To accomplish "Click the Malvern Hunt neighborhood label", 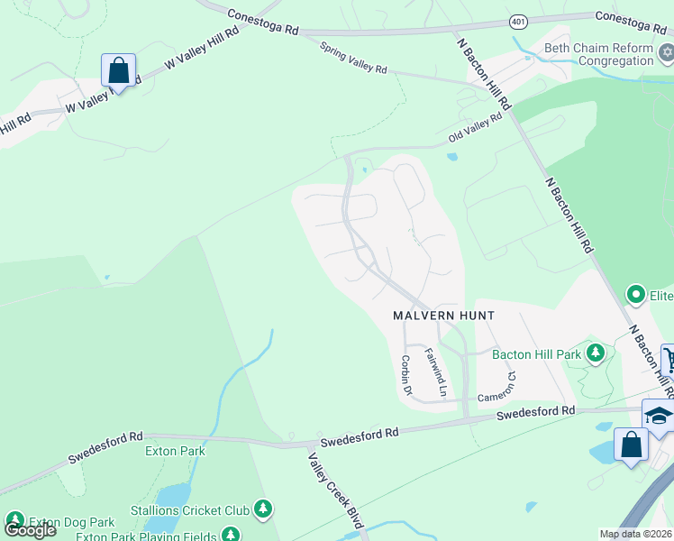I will [443, 316].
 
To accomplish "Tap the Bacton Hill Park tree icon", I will [595, 353].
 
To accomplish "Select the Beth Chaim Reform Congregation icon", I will [665, 54].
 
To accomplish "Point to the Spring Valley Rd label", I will [353, 57].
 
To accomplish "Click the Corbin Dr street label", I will [405, 375].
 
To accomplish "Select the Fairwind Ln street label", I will [435, 372].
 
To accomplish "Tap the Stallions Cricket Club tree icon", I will [263, 510].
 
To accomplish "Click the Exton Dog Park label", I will [71, 522].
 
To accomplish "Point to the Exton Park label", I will [176, 451].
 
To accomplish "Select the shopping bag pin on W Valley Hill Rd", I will [118, 69].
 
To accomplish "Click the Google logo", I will [30, 530].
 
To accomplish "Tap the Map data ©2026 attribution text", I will [635, 534].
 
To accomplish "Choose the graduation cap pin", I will [659, 415].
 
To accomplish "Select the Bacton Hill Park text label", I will [536, 354].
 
